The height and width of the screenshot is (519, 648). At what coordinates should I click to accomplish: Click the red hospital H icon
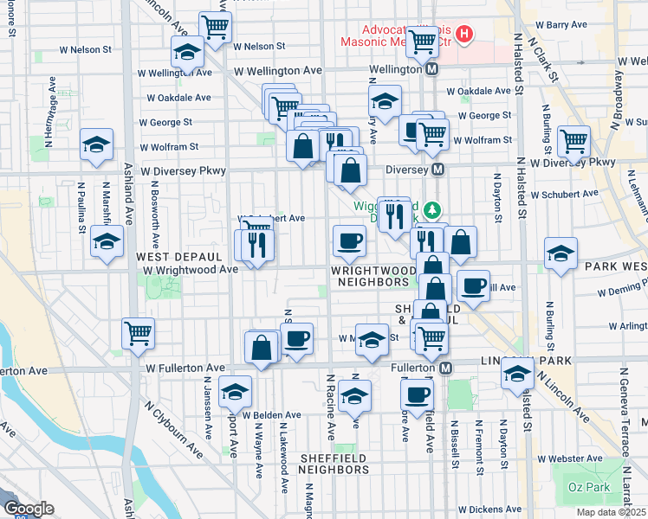pos(465,35)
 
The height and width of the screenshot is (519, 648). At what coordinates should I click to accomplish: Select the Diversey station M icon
pos(439,170)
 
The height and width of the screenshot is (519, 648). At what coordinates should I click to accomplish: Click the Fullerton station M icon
pos(446,368)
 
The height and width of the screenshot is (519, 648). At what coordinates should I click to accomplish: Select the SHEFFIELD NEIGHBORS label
pos(334,464)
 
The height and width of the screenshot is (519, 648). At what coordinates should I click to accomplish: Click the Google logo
pos(29,509)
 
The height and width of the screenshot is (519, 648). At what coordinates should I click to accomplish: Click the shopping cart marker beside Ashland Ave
pos(138,332)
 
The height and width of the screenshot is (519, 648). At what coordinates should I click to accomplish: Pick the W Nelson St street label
pos(259,46)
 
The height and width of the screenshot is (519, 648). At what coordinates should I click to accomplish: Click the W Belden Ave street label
pos(271,414)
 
